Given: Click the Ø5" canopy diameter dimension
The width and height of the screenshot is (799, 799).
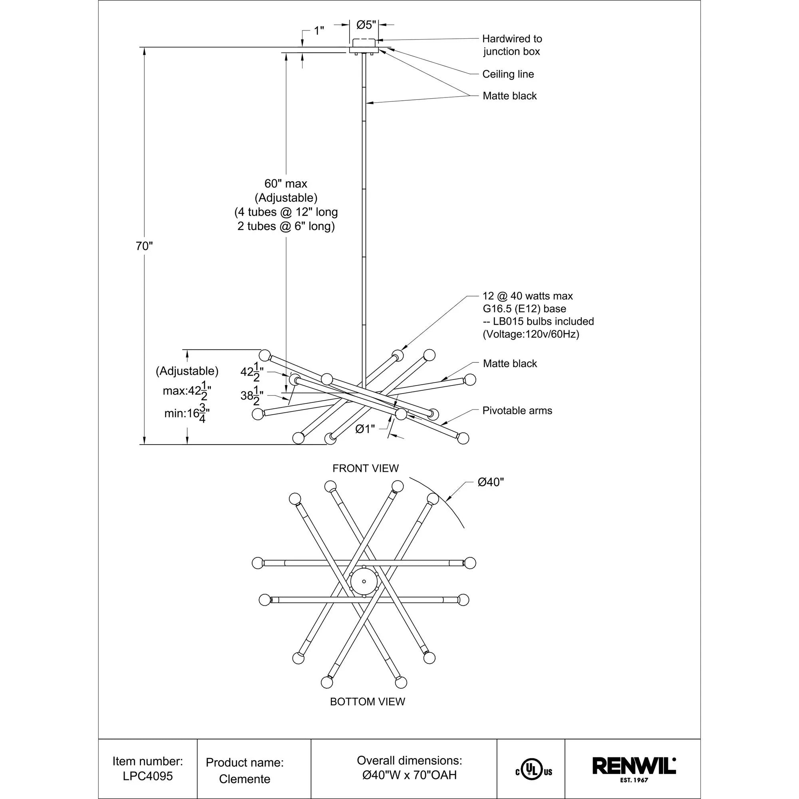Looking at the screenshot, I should (366, 25).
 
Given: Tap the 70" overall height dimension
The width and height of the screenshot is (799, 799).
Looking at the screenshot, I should (144, 246).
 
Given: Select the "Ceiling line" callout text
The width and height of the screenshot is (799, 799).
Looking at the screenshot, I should (508, 74).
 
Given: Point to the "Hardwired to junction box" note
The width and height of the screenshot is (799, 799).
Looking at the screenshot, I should (512, 45).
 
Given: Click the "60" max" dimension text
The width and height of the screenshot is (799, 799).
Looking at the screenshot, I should (286, 184).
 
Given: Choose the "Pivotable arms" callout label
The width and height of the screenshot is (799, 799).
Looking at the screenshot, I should (517, 411).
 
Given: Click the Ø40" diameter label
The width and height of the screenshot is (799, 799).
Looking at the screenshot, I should (491, 482).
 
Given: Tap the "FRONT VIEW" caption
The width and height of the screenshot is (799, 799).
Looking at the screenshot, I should (366, 468).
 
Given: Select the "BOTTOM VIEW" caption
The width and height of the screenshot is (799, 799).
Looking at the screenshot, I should (367, 702).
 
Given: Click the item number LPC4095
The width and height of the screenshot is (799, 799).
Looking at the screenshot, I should (148, 776).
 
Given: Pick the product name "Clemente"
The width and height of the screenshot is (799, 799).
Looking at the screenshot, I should (244, 779).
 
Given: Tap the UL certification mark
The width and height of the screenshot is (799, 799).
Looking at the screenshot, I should (533, 772).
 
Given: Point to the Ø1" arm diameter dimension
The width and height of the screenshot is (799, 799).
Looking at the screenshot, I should (365, 429).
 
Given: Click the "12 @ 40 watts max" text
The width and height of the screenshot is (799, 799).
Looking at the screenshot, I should (527, 296).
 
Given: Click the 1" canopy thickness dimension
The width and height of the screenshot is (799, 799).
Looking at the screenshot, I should (318, 31).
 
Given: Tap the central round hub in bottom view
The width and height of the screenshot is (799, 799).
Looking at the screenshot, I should (364, 581).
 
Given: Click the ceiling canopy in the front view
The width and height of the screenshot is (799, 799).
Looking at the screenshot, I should (364, 46).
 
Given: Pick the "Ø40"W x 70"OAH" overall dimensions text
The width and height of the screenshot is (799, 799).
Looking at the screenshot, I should (409, 775).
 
